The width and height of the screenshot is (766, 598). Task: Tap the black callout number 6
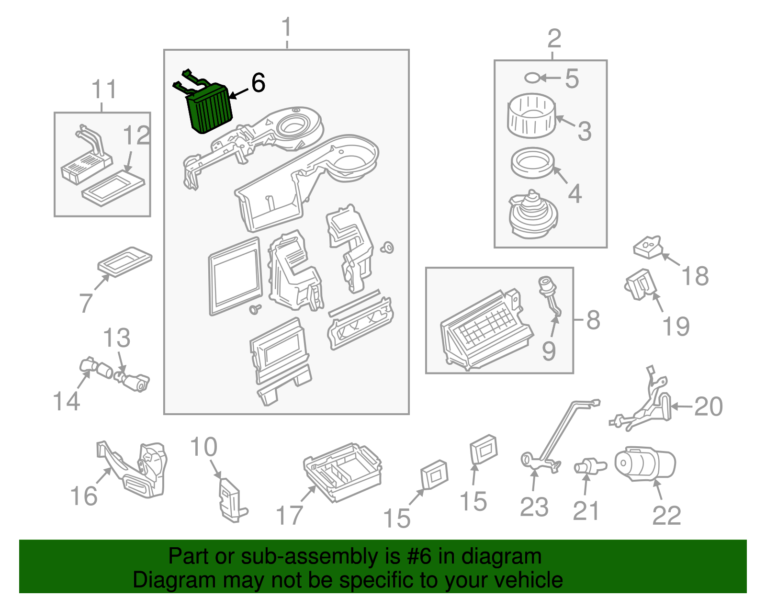[258, 83]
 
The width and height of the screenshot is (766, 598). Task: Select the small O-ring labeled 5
[532, 78]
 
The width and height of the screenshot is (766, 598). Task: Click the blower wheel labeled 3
[531, 115]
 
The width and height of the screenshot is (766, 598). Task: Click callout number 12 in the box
[136, 135]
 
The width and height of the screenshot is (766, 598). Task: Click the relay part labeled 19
[640, 284]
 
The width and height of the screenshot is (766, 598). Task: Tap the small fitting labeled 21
[589, 465]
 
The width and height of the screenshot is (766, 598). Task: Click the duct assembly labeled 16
[139, 469]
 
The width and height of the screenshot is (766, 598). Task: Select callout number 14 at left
[66, 401]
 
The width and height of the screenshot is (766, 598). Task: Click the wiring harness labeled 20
[646, 407]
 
